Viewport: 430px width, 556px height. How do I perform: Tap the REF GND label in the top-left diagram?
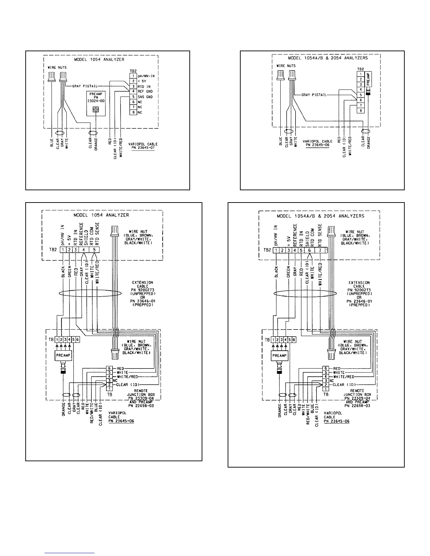point(145,91)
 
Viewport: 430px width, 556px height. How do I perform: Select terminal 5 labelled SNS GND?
point(133,97)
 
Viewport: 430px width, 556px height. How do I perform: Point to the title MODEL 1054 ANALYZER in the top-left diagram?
point(99,60)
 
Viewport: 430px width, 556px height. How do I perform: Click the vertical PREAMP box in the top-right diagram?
point(368,80)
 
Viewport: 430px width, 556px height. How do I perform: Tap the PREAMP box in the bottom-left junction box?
point(63,355)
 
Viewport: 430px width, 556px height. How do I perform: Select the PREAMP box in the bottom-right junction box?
point(280,355)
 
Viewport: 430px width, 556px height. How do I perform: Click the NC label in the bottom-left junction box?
point(115,380)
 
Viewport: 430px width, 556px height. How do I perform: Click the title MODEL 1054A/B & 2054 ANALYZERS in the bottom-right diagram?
point(320,216)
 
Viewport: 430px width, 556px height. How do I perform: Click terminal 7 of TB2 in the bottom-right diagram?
point(320,250)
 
